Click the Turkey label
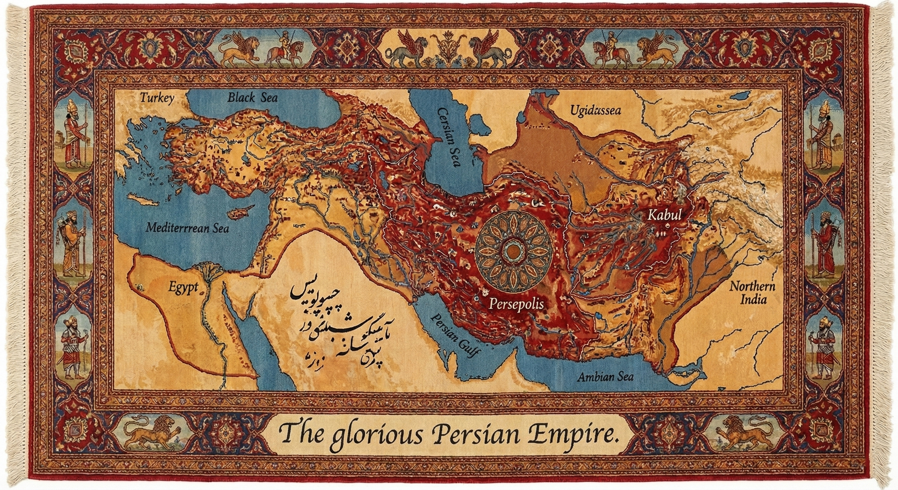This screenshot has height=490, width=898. coord(157,99)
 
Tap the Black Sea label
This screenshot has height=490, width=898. coord(253,98)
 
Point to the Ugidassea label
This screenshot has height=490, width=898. coord(596,111)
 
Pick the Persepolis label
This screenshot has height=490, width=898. coord(516,304)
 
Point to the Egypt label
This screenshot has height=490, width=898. coord(183,288)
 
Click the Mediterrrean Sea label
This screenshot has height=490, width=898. coord(187,228)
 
